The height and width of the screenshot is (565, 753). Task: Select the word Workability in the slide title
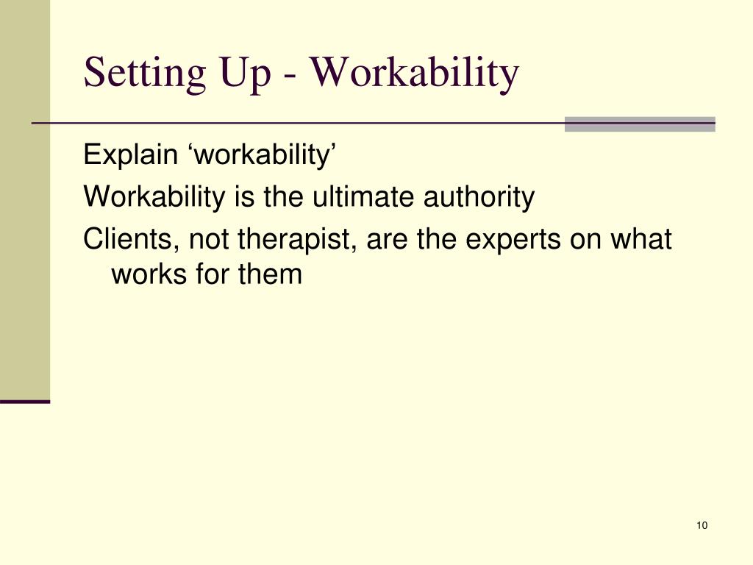pos(415,74)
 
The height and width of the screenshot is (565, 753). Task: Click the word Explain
pos(130,155)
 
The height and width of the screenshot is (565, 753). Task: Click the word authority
pos(479,197)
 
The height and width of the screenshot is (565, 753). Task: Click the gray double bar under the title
pos(640,124)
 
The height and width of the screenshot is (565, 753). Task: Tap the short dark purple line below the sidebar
pos(25,402)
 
